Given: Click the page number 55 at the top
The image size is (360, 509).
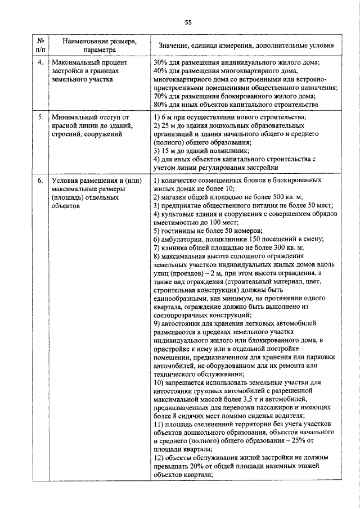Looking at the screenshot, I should [188, 22].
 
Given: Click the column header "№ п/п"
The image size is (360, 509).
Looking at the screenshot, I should [40, 45].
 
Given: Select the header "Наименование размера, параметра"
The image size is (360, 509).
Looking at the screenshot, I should [99, 45].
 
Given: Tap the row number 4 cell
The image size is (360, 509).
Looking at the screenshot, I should [40, 62].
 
